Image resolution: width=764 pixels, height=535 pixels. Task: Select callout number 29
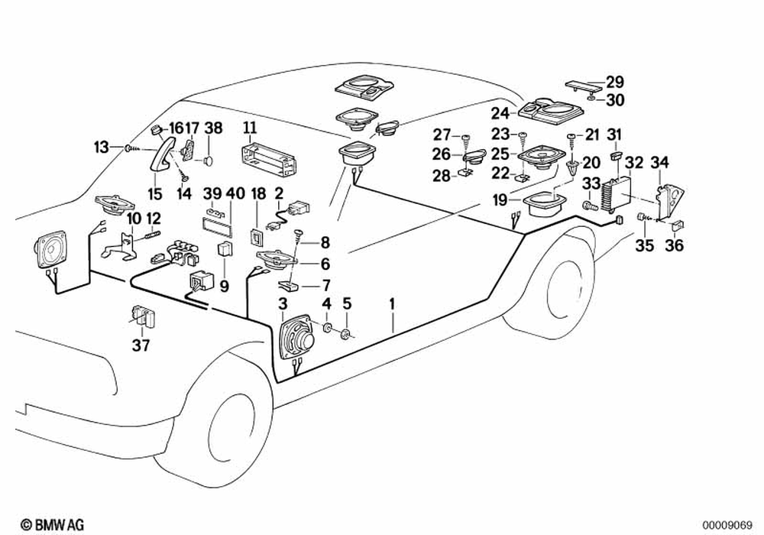pos(615,83)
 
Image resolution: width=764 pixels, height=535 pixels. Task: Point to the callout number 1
pos(392,304)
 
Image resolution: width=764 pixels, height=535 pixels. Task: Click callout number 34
pos(659,162)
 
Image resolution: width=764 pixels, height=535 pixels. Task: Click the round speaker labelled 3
pos(296,338)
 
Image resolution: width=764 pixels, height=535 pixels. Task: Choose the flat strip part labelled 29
pos(583,85)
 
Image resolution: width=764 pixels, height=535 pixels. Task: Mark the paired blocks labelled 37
pos(141,315)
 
